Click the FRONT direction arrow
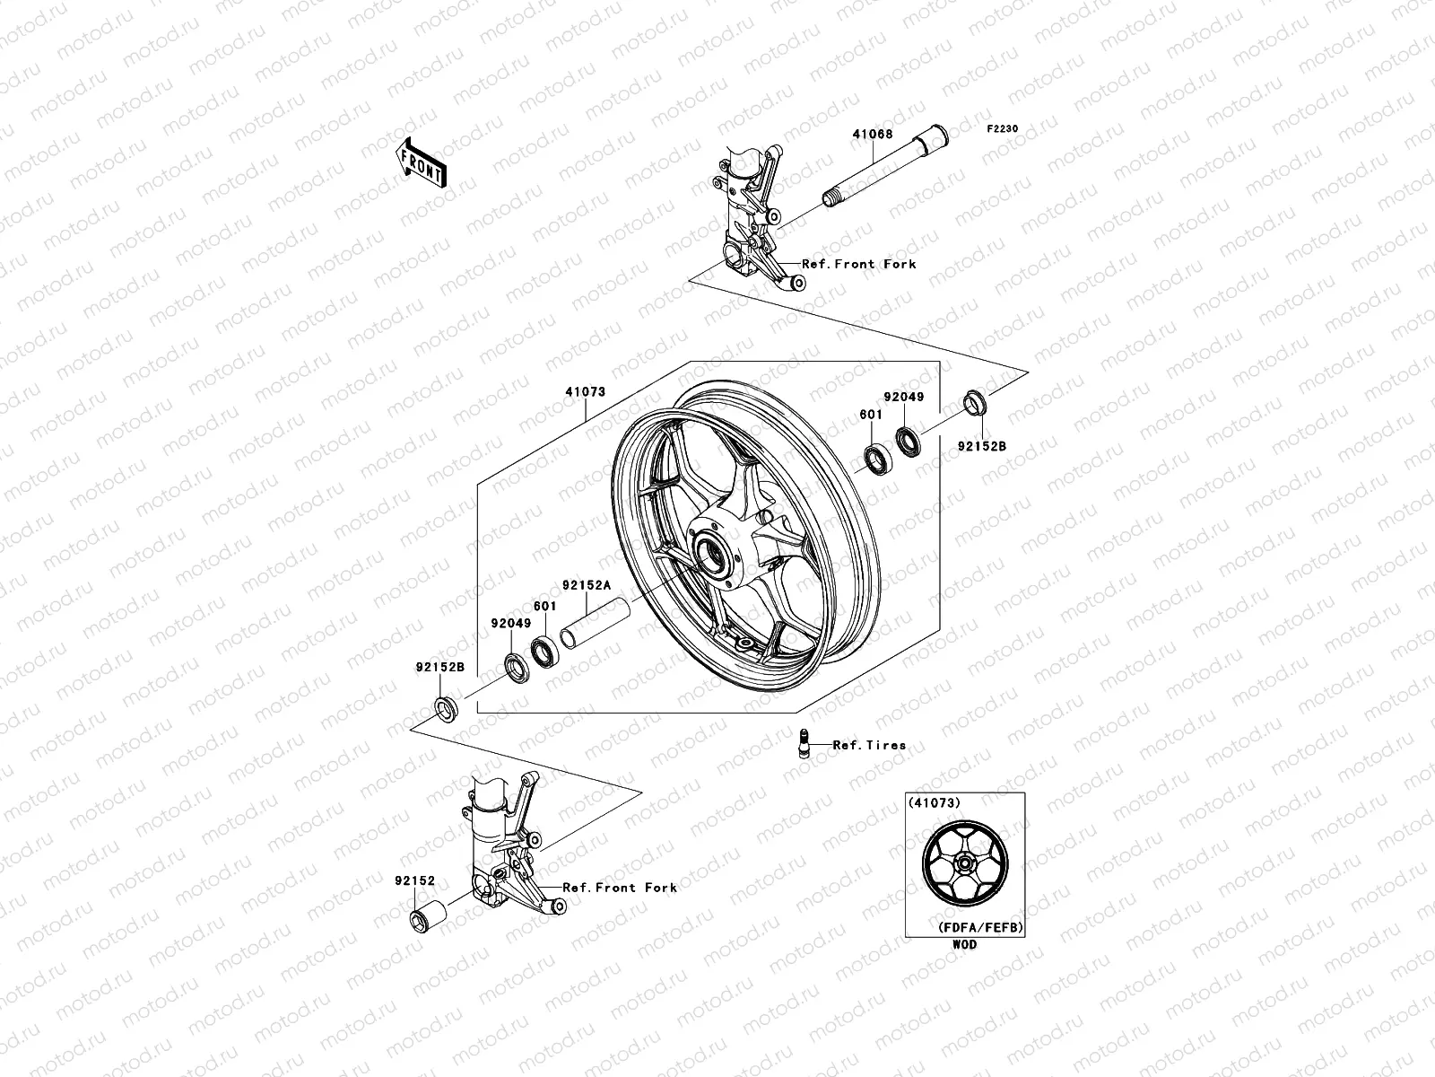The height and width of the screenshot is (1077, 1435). (x=435, y=162)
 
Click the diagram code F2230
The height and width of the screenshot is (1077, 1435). (x=1004, y=129)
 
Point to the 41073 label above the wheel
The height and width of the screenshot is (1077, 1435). (x=586, y=392)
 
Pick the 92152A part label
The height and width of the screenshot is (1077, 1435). (x=587, y=585)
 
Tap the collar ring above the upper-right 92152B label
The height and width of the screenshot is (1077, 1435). (x=976, y=402)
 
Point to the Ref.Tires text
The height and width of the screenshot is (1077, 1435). (x=869, y=745)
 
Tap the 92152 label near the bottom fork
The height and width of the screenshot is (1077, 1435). (x=408, y=881)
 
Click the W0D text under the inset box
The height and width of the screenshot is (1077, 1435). (x=965, y=944)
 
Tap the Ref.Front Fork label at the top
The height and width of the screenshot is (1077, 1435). (x=858, y=264)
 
